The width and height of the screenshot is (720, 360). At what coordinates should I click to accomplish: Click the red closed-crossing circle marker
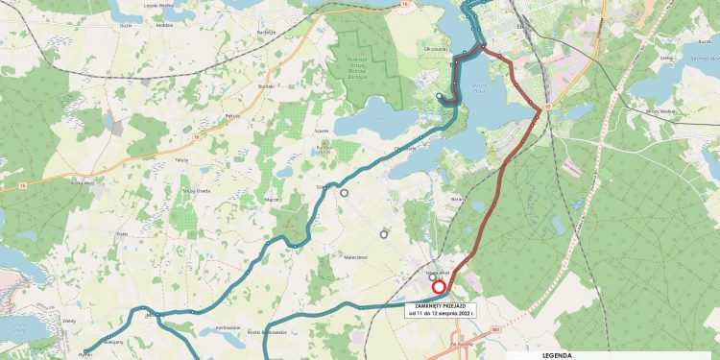coord(439,287)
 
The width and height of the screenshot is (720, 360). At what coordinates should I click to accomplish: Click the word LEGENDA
coord(556,354)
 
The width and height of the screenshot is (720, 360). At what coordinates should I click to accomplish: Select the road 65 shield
coord(547,106)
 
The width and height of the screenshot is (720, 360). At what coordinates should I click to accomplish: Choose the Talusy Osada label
coord(197,191)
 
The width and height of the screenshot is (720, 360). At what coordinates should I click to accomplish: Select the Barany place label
coord(457,199)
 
